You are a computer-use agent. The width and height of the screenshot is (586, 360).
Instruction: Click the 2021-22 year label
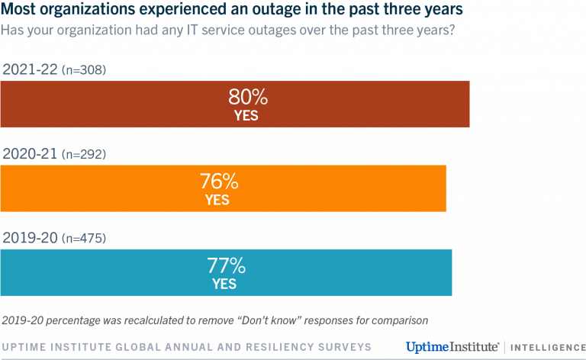click(x=31, y=69)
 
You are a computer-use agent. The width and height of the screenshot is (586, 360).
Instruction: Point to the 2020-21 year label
click(x=31, y=154)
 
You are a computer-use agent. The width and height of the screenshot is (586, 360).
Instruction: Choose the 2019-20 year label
click(x=31, y=238)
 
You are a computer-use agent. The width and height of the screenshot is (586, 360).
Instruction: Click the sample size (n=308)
click(x=85, y=70)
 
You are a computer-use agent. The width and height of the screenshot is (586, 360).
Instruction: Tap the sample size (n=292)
click(x=85, y=155)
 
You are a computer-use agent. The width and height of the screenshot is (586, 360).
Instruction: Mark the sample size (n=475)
click(x=85, y=239)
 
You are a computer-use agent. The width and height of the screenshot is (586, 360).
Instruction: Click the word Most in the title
click(x=18, y=11)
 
